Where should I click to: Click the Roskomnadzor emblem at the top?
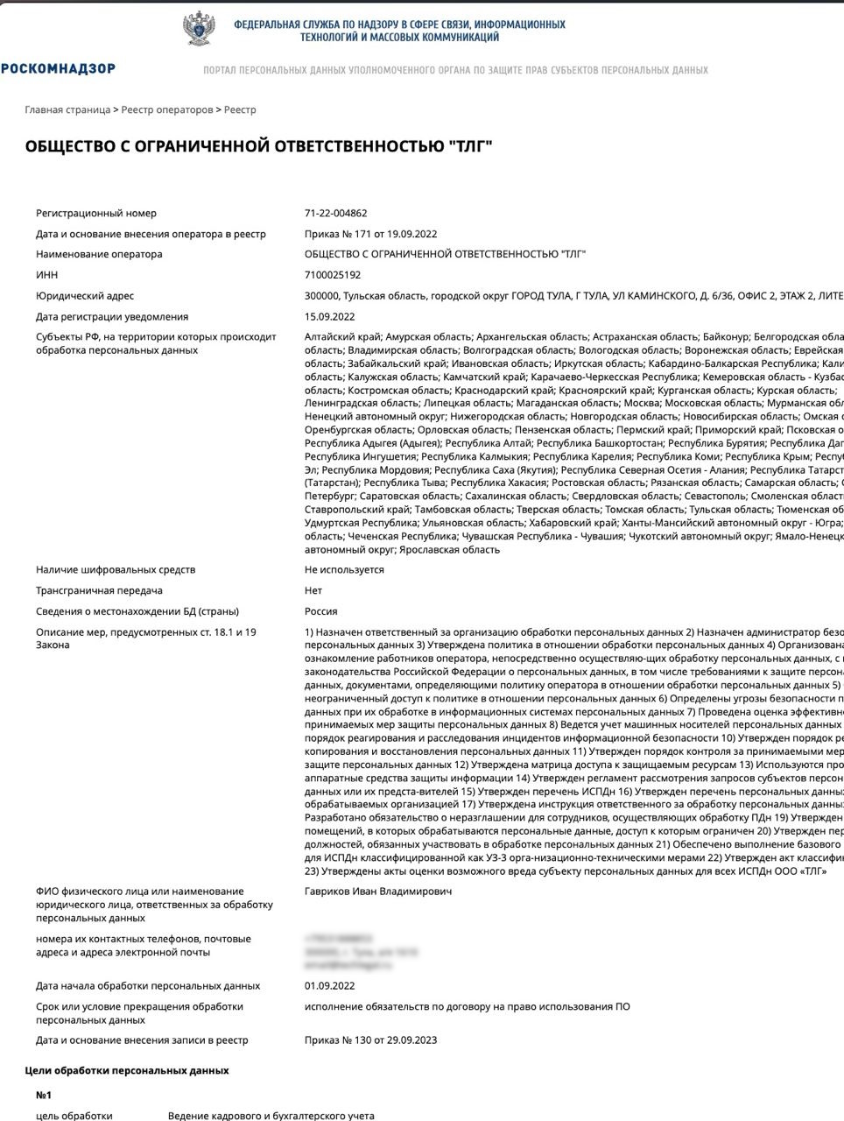tap(200, 29)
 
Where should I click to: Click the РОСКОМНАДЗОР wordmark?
tap(58, 68)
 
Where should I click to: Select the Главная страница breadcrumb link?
tap(67, 109)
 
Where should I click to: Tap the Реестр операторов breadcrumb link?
tap(167, 109)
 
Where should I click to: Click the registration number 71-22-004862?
tap(335, 213)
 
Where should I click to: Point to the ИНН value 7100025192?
tap(332, 275)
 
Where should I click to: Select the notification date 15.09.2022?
tap(330, 317)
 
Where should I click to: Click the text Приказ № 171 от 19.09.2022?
tap(370, 234)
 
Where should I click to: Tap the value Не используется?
tap(344, 569)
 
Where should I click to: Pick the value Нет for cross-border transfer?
tap(313, 590)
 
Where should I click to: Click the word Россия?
tap(320, 611)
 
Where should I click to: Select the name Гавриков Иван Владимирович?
tap(378, 892)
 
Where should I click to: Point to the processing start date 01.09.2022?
tap(330, 986)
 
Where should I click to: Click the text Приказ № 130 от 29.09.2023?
tap(370, 1040)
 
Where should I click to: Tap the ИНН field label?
tap(46, 275)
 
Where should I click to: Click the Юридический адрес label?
tap(85, 296)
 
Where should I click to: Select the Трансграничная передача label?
tap(99, 590)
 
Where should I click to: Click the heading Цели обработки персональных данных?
tap(126, 1070)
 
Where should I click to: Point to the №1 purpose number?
tap(44, 1095)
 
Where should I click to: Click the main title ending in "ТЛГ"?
tap(259, 146)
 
